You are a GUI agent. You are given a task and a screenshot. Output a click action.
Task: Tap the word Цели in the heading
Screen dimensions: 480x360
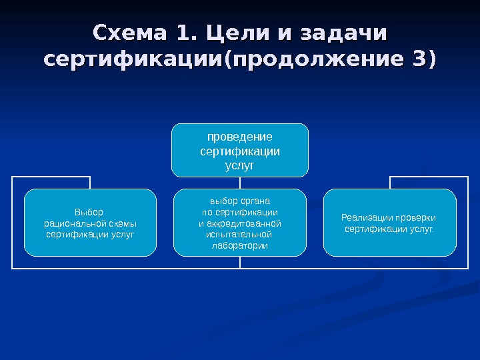pos(234,33)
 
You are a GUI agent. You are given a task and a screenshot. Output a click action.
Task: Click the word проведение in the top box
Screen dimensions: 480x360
pos(240,137)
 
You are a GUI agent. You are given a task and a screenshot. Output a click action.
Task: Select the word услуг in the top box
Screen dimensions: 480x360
pos(240,164)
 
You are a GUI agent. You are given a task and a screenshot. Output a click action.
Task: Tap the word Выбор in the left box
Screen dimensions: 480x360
pos(90,213)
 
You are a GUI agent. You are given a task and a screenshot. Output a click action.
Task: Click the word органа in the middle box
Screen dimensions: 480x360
pos(254,200)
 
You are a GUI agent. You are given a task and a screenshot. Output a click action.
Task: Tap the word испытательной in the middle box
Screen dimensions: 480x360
pos(240,235)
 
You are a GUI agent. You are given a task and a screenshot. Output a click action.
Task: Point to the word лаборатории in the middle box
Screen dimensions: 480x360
pos(240,246)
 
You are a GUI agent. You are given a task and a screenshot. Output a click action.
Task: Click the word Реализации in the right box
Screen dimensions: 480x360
pos(366,217)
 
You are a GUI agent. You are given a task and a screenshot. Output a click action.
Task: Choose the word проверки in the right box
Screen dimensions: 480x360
pos(415,217)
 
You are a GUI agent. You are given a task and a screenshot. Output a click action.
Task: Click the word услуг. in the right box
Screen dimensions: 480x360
pos(423,229)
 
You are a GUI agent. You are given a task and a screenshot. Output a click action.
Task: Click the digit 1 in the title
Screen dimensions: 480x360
pos(178,33)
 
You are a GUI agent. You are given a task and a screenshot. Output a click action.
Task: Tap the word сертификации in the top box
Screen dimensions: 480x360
pos(240,151)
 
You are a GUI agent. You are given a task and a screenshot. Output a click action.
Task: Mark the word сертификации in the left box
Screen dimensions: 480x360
pos(71,235)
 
